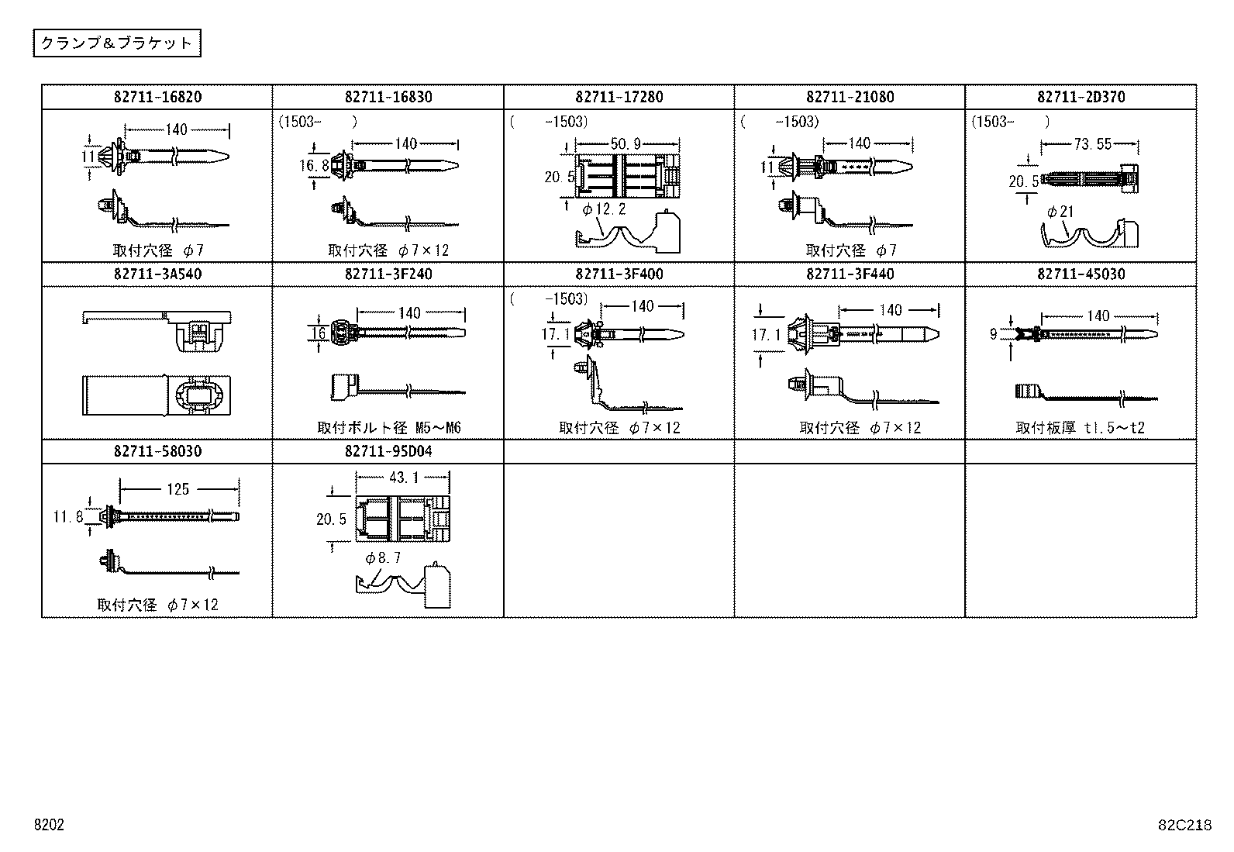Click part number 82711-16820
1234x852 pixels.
tap(157, 97)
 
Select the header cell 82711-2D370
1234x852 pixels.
tap(1081, 97)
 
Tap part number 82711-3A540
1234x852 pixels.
tap(157, 274)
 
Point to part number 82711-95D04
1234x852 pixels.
tap(388, 451)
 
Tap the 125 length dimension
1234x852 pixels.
tap(178, 489)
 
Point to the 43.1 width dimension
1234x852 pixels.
tap(402, 478)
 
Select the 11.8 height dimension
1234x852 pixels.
tap(67, 516)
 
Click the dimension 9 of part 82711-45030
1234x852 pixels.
tap(994, 334)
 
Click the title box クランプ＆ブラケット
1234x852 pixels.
tap(116, 43)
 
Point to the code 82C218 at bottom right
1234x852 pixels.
tap(1184, 826)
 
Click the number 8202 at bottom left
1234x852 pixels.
tap(48, 826)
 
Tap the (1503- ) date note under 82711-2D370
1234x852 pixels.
tap(1011, 122)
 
